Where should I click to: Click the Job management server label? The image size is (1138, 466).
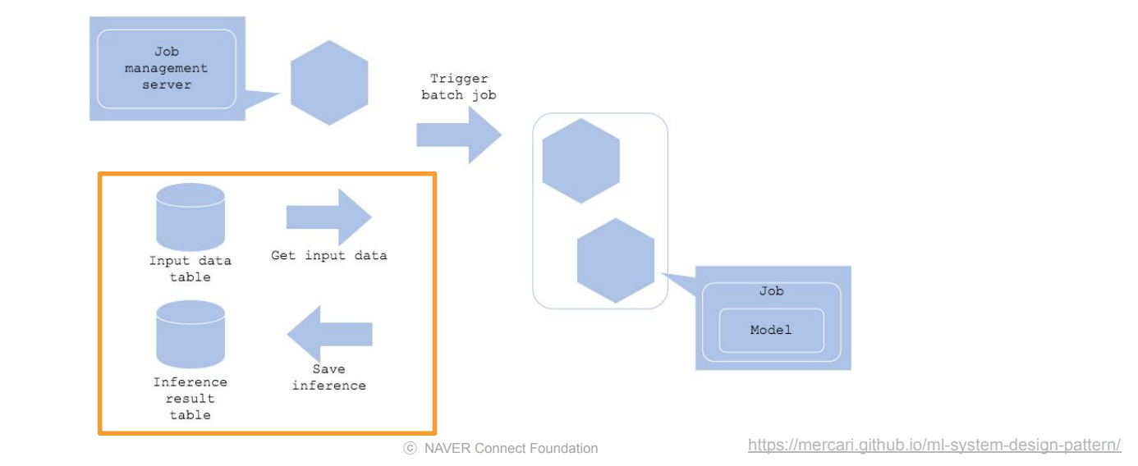(167, 68)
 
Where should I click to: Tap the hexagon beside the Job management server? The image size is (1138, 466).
(329, 82)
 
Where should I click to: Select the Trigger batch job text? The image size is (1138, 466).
(459, 87)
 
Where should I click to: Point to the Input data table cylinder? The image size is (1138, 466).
(190, 217)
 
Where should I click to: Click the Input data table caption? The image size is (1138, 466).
(190, 269)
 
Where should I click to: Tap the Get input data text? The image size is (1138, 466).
(328, 255)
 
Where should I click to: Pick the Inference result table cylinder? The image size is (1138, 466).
(190, 335)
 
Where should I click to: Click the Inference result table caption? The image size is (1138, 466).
(190, 399)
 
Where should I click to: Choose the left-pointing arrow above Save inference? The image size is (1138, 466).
(329, 334)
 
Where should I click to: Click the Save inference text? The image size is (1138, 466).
(328, 377)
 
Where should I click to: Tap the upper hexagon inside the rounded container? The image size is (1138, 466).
(580, 161)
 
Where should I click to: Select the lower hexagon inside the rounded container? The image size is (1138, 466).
(616, 261)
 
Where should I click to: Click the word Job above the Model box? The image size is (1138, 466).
(771, 291)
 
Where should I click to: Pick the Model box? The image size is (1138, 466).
(771, 330)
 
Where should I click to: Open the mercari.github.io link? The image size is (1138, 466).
(934, 445)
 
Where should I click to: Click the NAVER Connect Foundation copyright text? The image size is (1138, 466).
(500, 449)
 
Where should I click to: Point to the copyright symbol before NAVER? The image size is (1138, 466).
(409, 449)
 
